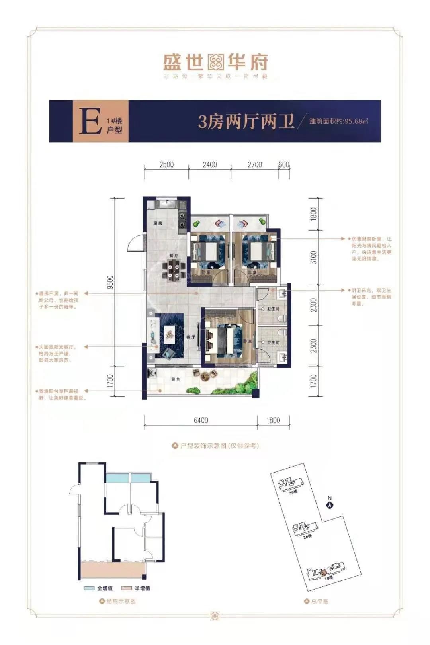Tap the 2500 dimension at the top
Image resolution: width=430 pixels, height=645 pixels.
[166, 165]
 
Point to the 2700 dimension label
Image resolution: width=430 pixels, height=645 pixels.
[255, 165]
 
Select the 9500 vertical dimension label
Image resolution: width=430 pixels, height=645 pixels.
[110, 282]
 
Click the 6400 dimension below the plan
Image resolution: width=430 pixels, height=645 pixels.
[201, 420]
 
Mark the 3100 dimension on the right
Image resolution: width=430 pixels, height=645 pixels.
[314, 257]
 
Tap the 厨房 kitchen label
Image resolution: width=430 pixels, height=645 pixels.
[158, 223]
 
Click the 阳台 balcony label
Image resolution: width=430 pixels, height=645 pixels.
[176, 379]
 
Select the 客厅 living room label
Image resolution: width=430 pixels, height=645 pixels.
[191, 337]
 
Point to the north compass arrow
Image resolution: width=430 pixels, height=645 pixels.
[330, 505]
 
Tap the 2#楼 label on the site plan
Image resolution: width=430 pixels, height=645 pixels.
[307, 536]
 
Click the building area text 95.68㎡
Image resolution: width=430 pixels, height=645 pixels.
[339, 121]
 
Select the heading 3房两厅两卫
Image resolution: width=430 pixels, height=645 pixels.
[246, 121]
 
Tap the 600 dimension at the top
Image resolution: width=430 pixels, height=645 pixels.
[284, 165]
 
